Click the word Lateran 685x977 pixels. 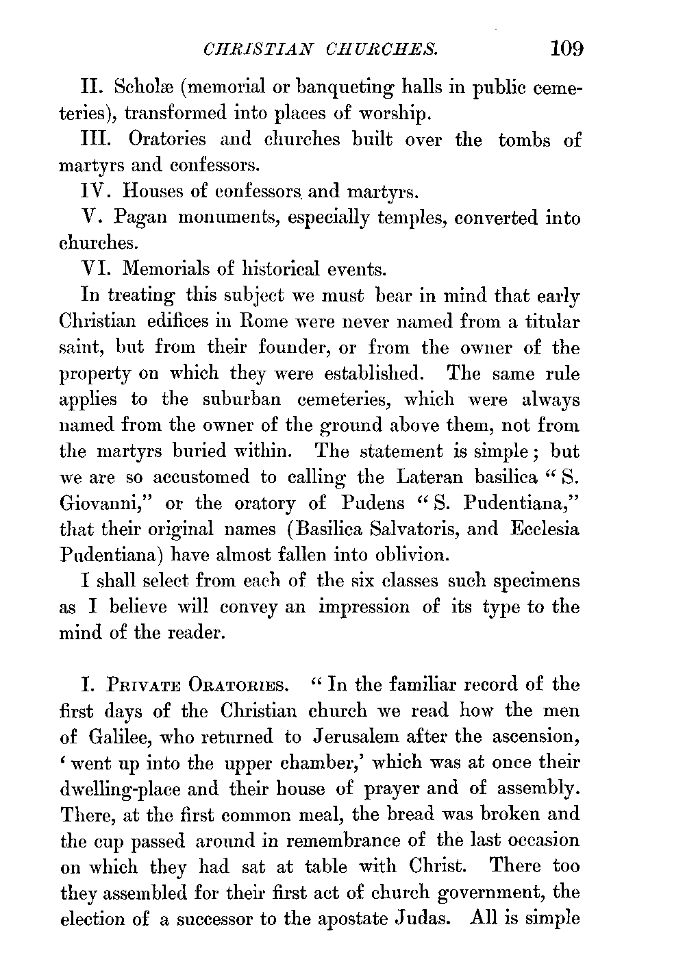[x=428, y=478]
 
